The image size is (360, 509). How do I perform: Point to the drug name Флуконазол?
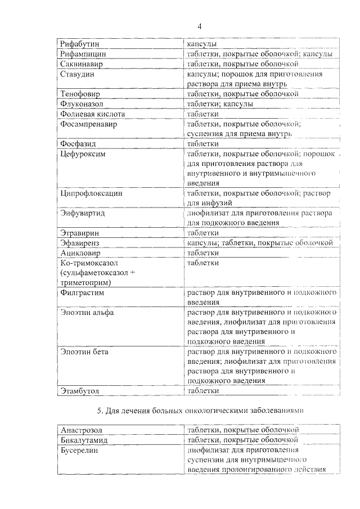(x=82, y=104)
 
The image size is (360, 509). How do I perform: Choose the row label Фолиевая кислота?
(x=92, y=114)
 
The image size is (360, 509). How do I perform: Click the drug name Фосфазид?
(x=79, y=143)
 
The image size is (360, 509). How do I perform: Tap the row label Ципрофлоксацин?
(x=91, y=193)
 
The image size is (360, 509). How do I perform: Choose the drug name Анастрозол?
(x=82, y=430)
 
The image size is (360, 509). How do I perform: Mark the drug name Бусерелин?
(x=81, y=451)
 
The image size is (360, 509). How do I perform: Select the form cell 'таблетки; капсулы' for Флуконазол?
(x=220, y=104)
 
